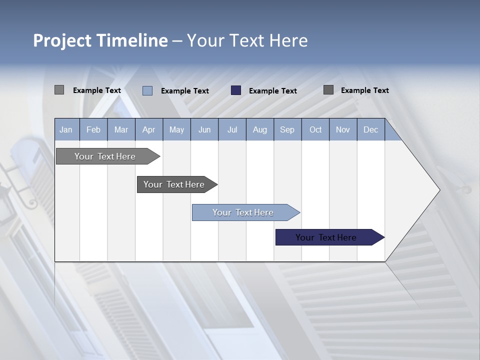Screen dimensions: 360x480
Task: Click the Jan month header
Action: click(66, 130)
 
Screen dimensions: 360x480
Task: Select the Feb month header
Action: click(93, 130)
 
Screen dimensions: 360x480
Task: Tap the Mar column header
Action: click(121, 130)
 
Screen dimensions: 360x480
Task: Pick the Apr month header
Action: click(148, 130)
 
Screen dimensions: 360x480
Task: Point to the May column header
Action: click(176, 130)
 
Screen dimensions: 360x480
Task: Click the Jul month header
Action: click(232, 130)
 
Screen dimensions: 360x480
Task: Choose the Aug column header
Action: click(259, 130)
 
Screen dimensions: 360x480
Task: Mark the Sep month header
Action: click(287, 130)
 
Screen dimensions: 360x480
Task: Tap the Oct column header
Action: click(315, 130)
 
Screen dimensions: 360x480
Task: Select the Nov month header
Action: click(342, 130)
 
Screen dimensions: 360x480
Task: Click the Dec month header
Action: click(370, 130)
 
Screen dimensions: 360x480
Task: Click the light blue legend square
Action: click(147, 90)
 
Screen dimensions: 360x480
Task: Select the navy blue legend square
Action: click(236, 90)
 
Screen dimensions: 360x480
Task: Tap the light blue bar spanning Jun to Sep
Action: click(243, 212)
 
